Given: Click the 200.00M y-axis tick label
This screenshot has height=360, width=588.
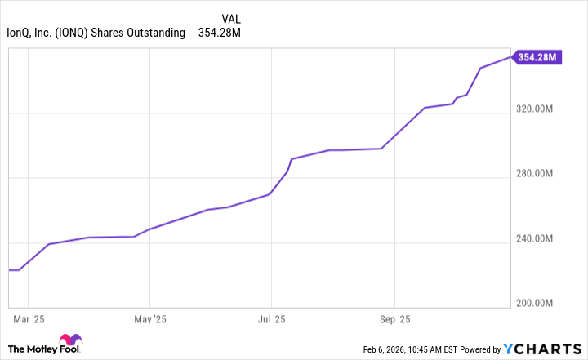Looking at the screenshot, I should [x=536, y=304].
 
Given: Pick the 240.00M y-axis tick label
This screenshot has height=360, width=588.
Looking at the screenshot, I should [x=536, y=239].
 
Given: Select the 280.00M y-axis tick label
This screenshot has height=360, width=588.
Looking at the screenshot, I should [x=536, y=174].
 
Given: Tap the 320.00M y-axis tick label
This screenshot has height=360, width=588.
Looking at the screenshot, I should [x=536, y=109].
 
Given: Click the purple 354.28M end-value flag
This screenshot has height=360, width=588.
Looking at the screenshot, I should [x=538, y=57].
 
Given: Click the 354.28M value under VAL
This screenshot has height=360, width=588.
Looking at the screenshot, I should [x=220, y=33].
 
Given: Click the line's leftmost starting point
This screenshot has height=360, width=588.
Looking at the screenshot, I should [x=9, y=269].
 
